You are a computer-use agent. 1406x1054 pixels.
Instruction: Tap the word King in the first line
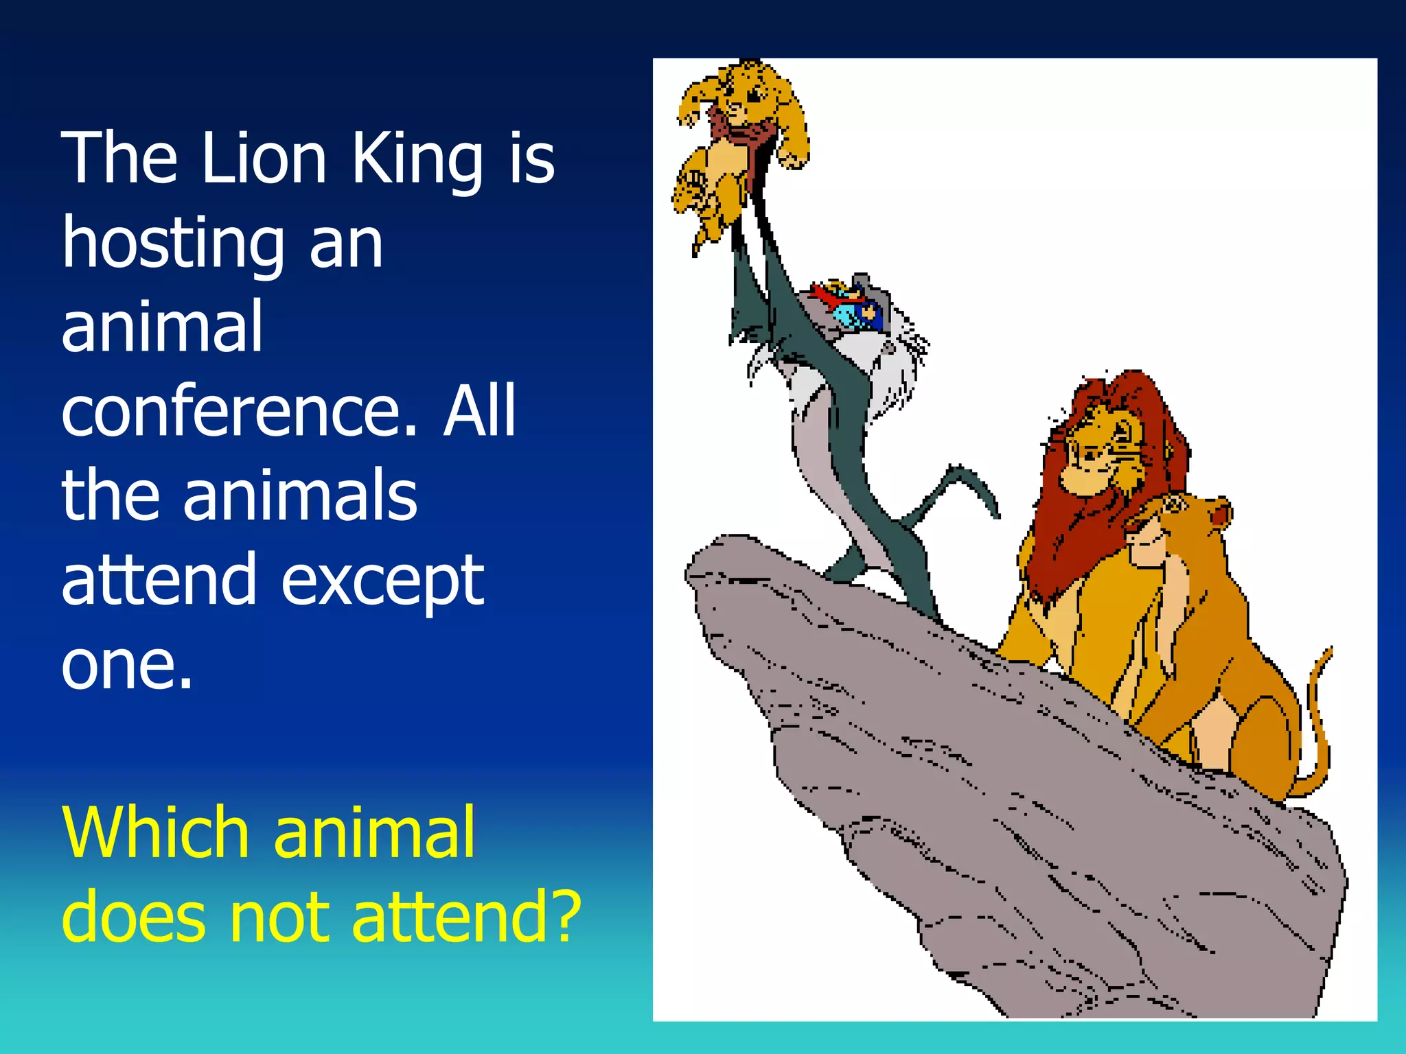click(x=417, y=159)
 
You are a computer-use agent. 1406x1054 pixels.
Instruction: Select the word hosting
click(x=173, y=244)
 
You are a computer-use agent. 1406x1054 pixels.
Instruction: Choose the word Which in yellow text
click(x=155, y=833)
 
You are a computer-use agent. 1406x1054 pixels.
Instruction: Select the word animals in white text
click(x=299, y=496)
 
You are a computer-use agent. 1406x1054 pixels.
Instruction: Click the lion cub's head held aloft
click(x=752, y=93)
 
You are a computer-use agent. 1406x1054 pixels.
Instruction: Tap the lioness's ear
click(x=1219, y=511)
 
